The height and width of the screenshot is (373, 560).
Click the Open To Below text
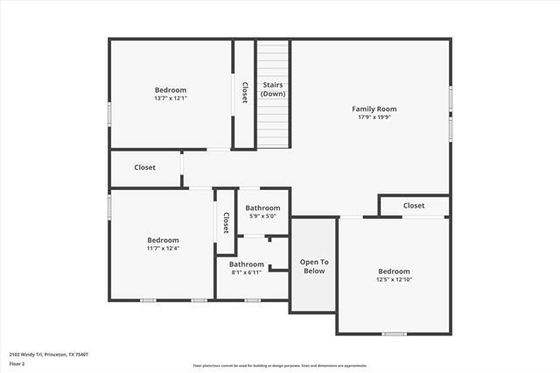(314, 266)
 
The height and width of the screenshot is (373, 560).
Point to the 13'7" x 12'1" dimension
(171, 98)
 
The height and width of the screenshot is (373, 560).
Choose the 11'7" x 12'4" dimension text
(163, 248)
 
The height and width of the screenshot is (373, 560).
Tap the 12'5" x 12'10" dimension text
(394, 279)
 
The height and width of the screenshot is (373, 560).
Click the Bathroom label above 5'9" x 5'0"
(262, 208)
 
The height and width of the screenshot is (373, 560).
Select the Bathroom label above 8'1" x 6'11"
(247, 264)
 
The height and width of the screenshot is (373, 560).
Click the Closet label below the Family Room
(414, 206)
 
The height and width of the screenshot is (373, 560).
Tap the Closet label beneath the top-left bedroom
(145, 167)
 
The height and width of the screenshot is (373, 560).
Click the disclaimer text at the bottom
(280, 366)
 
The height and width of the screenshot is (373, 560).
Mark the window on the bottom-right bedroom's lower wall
(394, 334)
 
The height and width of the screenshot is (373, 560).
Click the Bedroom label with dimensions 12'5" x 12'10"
(394, 271)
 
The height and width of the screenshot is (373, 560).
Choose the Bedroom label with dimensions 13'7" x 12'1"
(171, 90)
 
